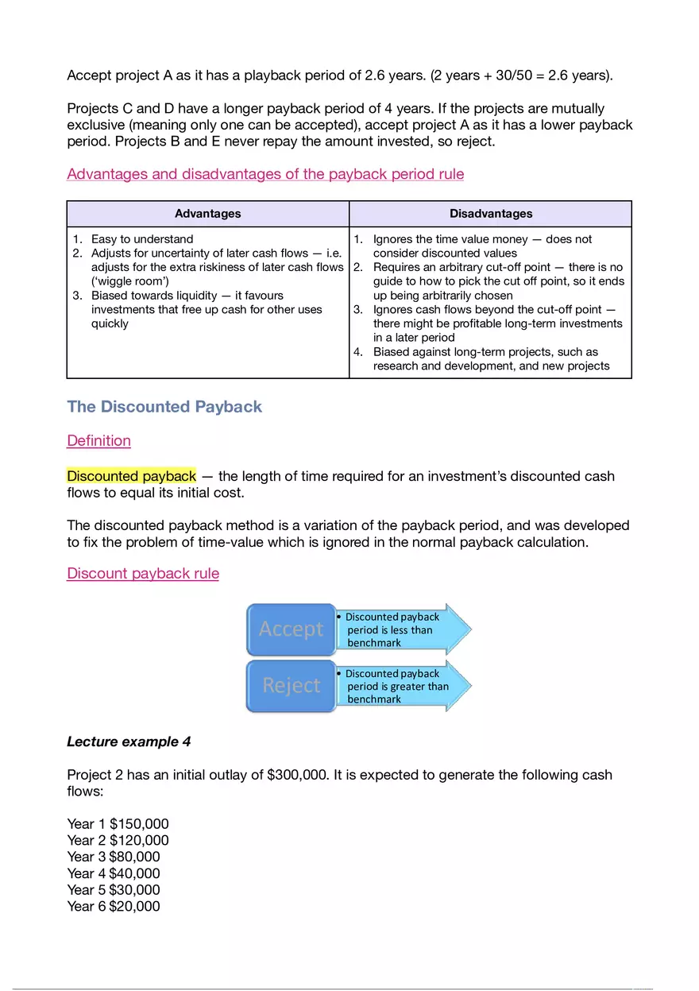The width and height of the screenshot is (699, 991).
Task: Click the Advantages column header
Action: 207,214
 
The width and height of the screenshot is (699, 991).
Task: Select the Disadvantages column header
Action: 490,214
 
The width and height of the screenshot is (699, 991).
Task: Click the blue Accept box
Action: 291,629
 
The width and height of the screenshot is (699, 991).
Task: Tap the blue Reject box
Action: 291,686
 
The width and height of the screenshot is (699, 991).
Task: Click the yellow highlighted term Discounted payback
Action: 131,476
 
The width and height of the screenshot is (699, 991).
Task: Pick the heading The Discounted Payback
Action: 164,407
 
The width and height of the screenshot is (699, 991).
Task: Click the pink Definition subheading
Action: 98,441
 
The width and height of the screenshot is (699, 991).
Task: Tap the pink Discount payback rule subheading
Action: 143,574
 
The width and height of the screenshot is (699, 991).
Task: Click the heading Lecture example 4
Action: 129,741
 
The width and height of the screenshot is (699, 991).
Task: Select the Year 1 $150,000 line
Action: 118,824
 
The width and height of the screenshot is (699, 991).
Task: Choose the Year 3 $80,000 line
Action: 114,857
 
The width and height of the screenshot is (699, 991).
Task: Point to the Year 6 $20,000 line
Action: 114,906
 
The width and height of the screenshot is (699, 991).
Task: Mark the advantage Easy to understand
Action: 141,239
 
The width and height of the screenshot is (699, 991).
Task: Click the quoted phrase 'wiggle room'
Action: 129,281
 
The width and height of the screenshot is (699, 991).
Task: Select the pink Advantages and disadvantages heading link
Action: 265,174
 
